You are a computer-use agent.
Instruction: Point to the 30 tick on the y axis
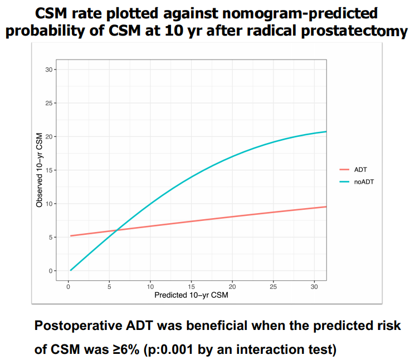[50, 70]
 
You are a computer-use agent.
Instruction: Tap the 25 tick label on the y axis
[50, 103]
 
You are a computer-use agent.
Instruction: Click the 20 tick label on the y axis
[50, 136]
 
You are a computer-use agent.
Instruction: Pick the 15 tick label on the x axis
[191, 286]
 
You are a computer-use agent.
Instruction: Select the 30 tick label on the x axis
[315, 286]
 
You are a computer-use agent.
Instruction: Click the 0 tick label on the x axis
[68, 286]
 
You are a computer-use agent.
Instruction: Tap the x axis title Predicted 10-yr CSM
[191, 295]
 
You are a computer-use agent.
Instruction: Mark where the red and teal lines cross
[116, 230]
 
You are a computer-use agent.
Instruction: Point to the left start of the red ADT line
[71, 236]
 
